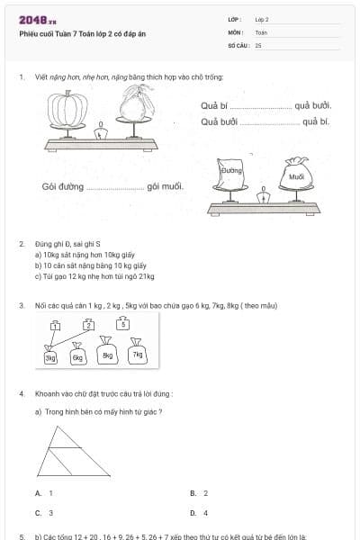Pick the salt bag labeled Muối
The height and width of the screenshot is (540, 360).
click(295, 176)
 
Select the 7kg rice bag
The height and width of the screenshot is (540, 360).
click(137, 354)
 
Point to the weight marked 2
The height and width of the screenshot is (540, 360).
click(88, 325)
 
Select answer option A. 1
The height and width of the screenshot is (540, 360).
click(45, 493)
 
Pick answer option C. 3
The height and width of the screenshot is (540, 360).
click(45, 513)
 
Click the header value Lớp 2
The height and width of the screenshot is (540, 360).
click(262, 19)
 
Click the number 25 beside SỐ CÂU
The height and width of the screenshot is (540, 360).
click(258, 44)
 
